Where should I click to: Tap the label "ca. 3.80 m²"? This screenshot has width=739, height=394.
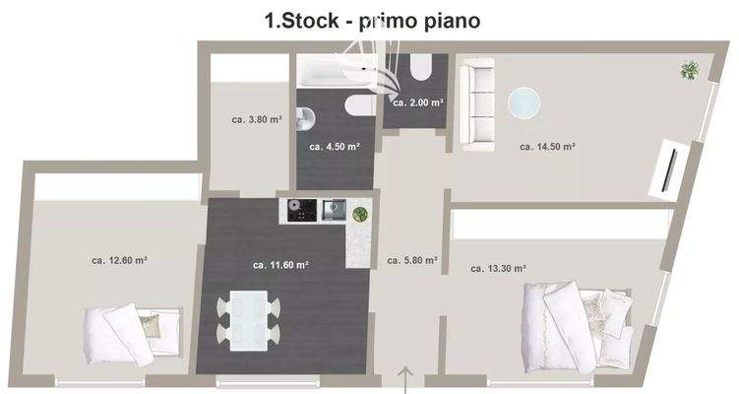(x=257, y=119)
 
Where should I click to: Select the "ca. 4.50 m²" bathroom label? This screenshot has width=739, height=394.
(x=334, y=147)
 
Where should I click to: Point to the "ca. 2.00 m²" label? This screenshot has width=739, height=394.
(x=417, y=102)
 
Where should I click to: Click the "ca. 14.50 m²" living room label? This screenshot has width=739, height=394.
(x=547, y=147)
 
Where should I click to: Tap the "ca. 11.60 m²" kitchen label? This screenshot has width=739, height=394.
(x=280, y=265)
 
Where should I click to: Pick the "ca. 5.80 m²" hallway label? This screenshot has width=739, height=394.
(x=412, y=261)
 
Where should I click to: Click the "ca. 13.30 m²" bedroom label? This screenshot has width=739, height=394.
(x=498, y=268)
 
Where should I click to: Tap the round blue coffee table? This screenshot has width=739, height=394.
(x=523, y=102)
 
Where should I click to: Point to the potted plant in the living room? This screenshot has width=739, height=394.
(x=690, y=69)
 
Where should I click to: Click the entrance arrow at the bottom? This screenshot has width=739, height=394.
(x=404, y=378)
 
